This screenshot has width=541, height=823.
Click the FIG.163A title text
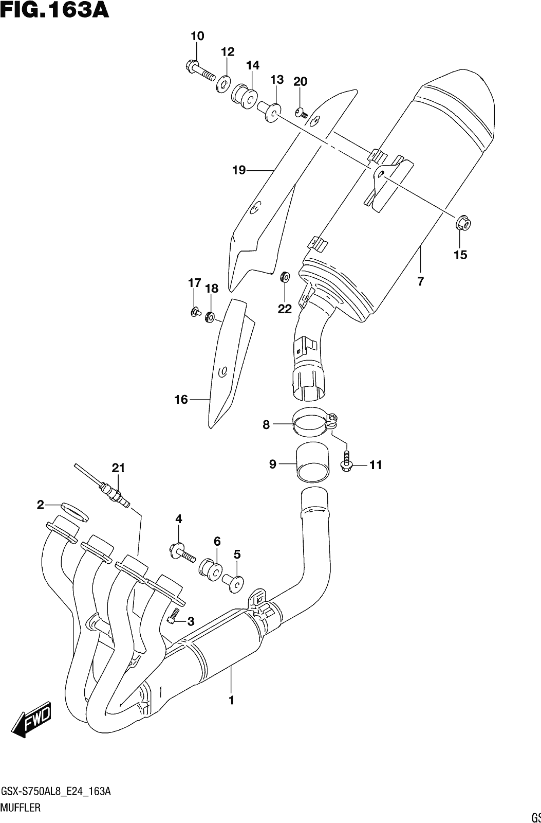pos(54,10)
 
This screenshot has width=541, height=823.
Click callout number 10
pos(197,36)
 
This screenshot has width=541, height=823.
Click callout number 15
pos(461,255)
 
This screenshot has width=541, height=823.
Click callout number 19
pos(238,170)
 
